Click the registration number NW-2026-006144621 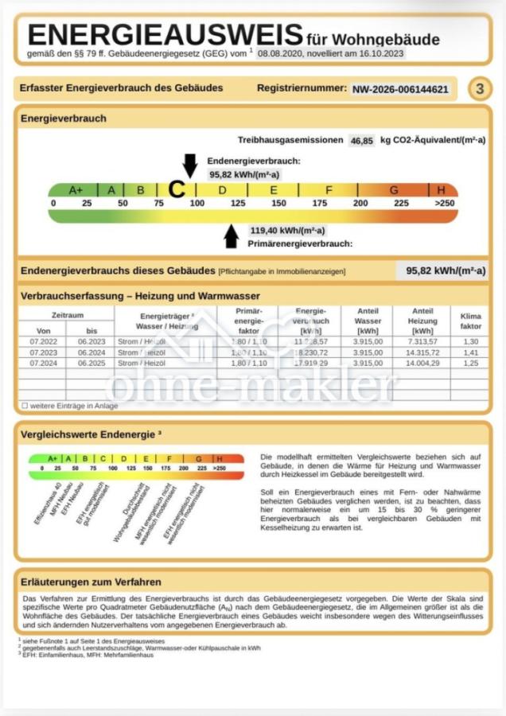pyautogui.click(x=400, y=89)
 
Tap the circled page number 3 pyautogui.click(x=479, y=89)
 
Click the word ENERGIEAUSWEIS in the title pyautogui.click(x=165, y=35)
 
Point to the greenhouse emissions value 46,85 pyautogui.click(x=361, y=140)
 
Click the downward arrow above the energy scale pyautogui.click(x=189, y=165)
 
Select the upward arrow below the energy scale pyautogui.click(x=232, y=236)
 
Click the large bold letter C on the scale pyautogui.click(x=177, y=190)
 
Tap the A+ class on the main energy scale pyautogui.click(x=76, y=190)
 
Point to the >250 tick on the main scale pyautogui.click(x=445, y=204)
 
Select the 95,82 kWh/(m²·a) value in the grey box pyautogui.click(x=446, y=270)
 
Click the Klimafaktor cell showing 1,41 pyautogui.click(x=471, y=352)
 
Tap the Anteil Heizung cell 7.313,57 pyautogui.click(x=422, y=340)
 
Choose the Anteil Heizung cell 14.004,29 pyautogui.click(x=422, y=363)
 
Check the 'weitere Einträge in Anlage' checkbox pyautogui.click(x=25, y=406)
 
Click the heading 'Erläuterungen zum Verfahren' pyautogui.click(x=92, y=582)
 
